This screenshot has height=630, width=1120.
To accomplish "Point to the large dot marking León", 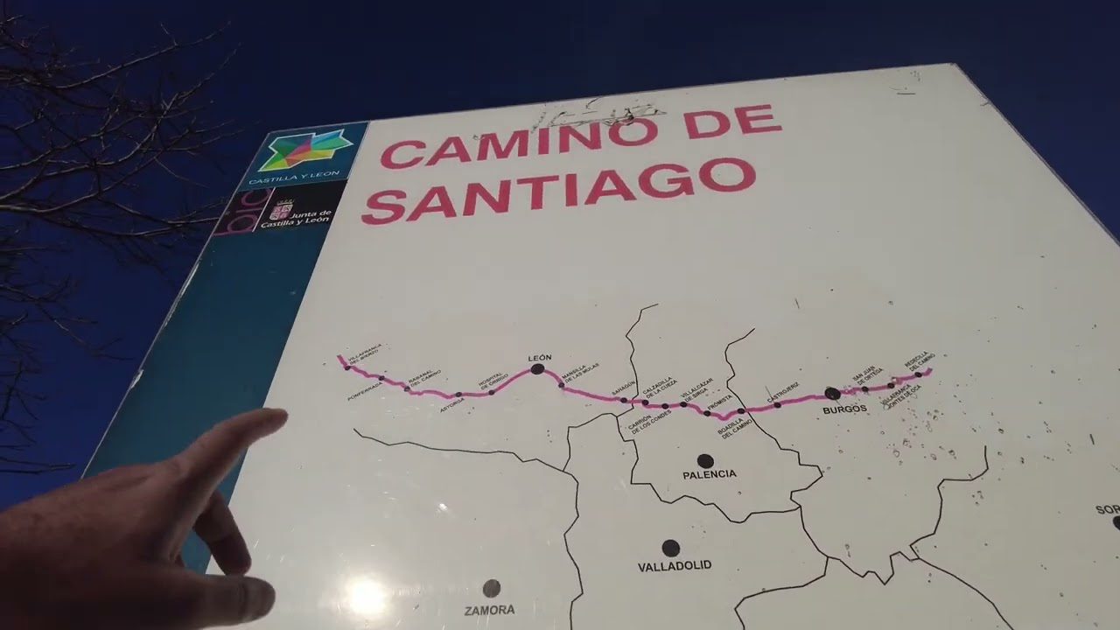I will [537, 369].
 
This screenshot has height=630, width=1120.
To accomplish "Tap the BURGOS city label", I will [844, 409].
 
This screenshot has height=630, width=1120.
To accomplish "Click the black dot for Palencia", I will [705, 460].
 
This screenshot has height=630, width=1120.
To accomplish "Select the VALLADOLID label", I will [674, 566].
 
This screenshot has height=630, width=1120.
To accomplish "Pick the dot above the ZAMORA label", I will [492, 588].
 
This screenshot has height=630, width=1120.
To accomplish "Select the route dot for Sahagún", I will [624, 400].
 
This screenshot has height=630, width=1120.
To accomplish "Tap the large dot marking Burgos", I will [832, 394].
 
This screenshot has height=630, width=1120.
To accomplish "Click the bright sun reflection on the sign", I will [367, 598].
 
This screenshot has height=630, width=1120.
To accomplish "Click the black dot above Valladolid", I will [670, 548].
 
